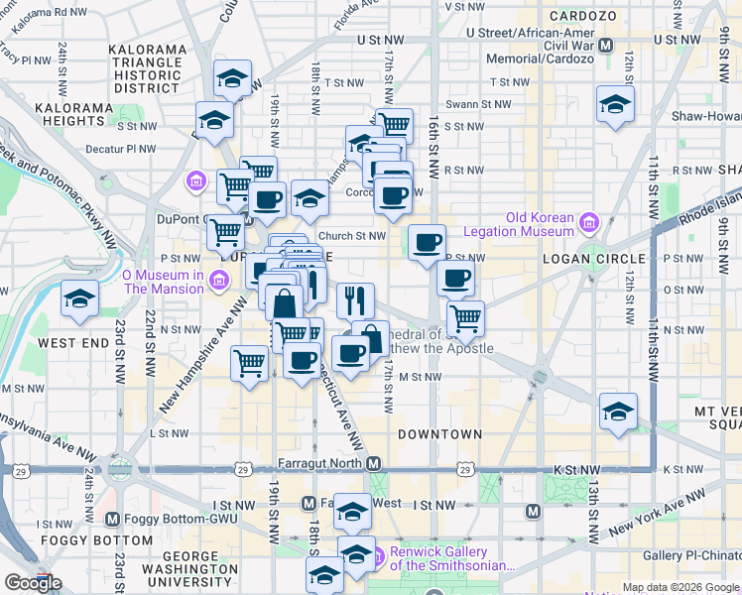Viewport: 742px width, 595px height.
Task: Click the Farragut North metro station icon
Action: point(373,464)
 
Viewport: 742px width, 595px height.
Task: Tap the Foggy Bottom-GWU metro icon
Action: point(111,519)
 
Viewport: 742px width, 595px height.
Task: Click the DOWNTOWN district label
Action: point(439,434)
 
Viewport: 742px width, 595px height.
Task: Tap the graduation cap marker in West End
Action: point(79,298)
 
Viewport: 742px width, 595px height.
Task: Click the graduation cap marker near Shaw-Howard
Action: point(615,104)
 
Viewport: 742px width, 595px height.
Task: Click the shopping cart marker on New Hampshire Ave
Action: point(250,362)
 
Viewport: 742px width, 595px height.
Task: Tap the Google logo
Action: point(33,583)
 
